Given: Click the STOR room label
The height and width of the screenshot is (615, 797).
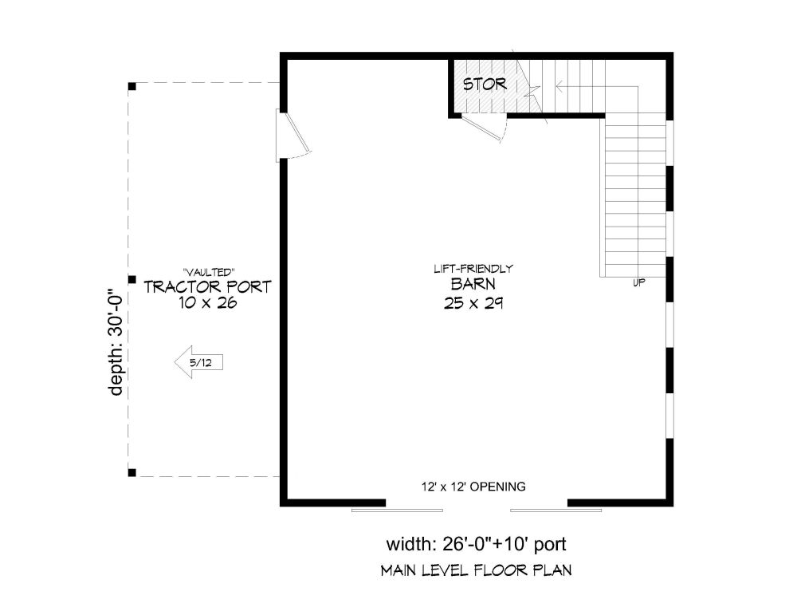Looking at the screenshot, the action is coord(485,84).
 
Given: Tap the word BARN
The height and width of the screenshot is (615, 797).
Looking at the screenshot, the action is coord(473,284).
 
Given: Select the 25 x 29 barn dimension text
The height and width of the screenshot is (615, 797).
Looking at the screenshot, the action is coord(473,304).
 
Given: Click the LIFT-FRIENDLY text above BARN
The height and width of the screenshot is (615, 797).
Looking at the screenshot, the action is coord(473,269).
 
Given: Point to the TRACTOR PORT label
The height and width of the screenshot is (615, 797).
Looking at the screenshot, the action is coord(207,287).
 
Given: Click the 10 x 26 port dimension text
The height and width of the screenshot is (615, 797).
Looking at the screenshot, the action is coord(207,303).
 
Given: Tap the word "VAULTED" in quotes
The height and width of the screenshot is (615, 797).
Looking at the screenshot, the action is coord(208,273).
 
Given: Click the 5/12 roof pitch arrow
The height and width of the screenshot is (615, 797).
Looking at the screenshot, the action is coord(198,362).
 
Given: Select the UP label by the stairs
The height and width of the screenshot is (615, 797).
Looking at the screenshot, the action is coord(639,283).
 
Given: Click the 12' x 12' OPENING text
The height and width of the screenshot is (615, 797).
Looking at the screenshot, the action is coord(473,487).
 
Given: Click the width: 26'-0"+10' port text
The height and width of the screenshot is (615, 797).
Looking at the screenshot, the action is coord(477,544).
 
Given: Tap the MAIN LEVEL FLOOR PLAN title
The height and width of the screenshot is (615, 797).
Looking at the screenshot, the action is coord(477,570).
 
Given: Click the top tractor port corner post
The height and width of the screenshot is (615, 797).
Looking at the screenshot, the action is coord(132,86).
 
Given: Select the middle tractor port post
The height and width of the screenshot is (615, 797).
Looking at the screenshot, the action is coord(132,279).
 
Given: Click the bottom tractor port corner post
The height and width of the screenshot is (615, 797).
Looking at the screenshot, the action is coord(132,472).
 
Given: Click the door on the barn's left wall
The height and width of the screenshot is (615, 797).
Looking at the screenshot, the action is coord(293,135).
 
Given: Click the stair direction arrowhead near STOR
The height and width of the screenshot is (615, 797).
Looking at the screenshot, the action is coord(559,87).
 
